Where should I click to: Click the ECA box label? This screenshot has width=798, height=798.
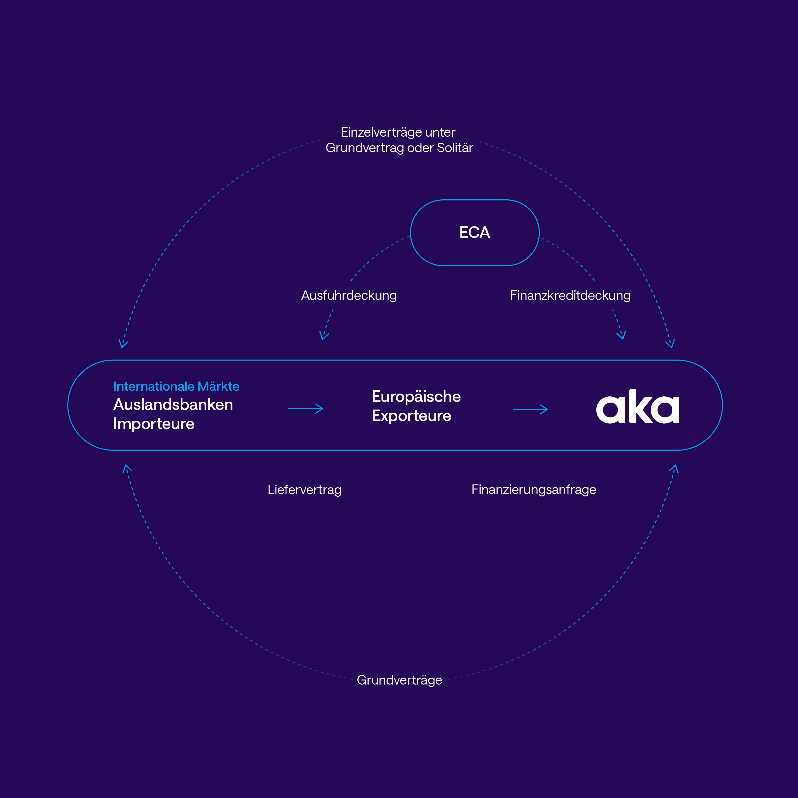coord(475,233)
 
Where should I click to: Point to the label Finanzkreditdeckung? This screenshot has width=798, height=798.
coord(570,295)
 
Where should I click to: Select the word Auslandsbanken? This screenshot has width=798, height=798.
coord(173,405)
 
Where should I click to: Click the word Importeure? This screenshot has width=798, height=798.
coord(154,424)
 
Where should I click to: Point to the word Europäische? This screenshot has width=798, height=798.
coord(416,397)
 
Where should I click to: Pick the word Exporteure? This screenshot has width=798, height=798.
coord(411,416)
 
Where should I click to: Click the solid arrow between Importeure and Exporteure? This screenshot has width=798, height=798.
coord(306,409)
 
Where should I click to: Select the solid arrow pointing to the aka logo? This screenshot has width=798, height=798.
coord(530,409)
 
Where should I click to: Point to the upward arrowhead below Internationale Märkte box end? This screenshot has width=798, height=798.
coord(127,469)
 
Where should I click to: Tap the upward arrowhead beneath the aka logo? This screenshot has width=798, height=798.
coord(674,469)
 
